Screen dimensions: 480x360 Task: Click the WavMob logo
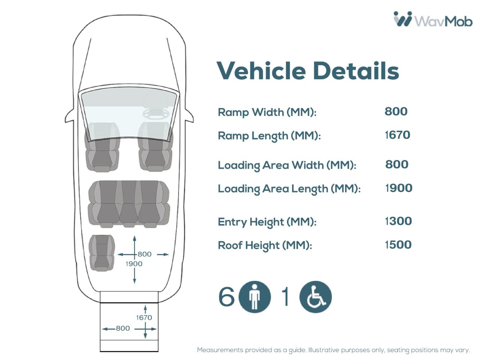point(433,19)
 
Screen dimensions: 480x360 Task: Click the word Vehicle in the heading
point(261,71)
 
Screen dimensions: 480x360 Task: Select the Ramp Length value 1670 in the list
point(397,135)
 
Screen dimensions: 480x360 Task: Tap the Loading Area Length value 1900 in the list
point(399,188)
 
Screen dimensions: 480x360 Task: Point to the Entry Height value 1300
point(398,221)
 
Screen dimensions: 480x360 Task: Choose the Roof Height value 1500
point(398,244)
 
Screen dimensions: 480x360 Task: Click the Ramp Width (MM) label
point(267,112)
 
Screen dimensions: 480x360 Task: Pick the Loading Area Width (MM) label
point(287,165)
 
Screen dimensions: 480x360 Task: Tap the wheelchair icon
point(315,297)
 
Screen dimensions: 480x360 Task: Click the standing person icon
point(255,297)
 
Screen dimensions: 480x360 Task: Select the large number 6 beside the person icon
point(226,297)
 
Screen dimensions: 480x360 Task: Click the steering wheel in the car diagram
point(156,114)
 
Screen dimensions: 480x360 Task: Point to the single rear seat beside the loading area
point(102,253)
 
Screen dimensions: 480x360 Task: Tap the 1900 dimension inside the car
point(134,264)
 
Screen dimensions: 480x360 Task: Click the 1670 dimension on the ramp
point(144,318)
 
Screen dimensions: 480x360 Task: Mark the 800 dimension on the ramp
point(123,328)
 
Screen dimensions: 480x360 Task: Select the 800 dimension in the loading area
point(144,254)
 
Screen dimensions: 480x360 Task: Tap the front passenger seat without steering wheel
point(102,147)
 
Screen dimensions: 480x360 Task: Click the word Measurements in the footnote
point(220,350)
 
